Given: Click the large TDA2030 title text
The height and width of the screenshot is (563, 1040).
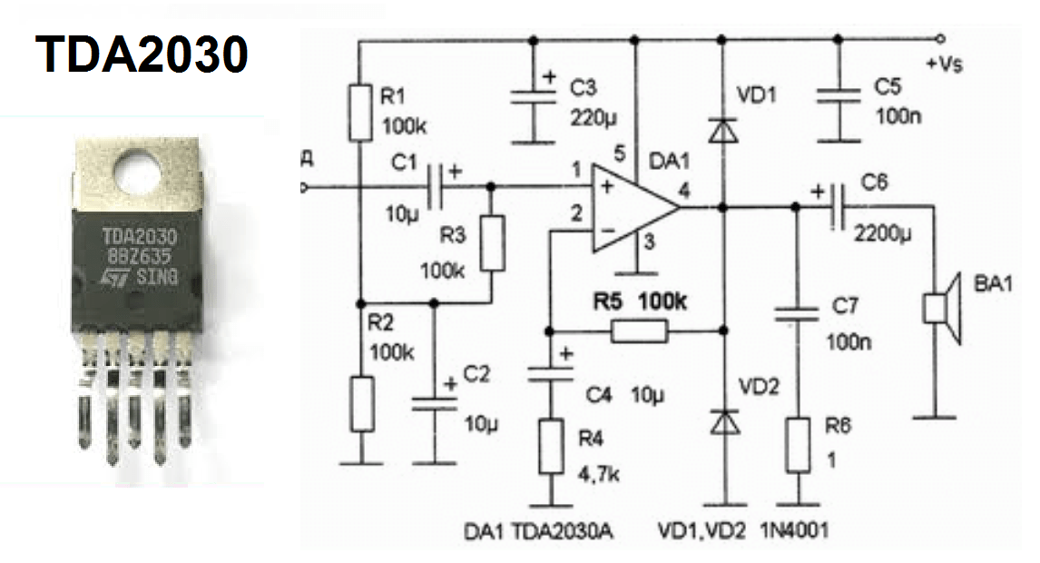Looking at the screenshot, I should click(142, 55).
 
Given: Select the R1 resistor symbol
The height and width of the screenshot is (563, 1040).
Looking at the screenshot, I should click(361, 111).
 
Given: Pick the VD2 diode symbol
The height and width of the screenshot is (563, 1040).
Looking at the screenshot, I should click(722, 421).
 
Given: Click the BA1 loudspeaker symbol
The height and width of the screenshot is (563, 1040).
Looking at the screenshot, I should click(942, 309).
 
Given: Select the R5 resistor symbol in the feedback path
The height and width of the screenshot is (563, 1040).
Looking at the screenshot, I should click(640, 331).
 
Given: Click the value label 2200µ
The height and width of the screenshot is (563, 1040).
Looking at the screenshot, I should click(883, 232).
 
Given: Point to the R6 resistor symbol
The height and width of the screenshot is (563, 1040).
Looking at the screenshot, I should click(798, 445).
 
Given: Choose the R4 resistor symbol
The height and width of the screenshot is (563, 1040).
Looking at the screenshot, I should click(551, 446).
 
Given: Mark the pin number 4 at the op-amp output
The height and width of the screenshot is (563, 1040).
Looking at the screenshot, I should click(682, 192).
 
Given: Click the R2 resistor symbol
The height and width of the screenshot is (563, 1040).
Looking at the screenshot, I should click(361, 402).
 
